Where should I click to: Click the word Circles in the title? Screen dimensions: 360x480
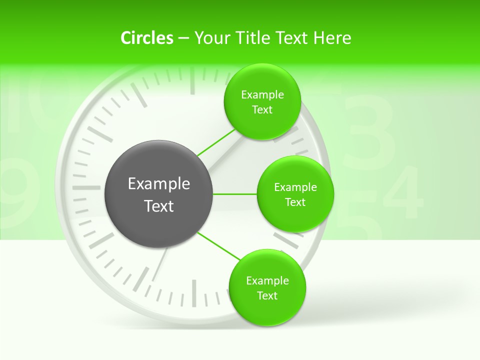[x=146, y=38]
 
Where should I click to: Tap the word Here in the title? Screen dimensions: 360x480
[x=332, y=38]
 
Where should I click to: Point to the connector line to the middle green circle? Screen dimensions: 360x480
[x=235, y=194]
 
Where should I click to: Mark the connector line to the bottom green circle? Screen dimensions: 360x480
[x=219, y=245]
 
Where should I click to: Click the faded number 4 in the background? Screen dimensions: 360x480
[x=402, y=192]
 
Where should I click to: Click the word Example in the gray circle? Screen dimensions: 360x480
[x=159, y=184]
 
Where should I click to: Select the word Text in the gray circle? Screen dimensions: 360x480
[x=159, y=206]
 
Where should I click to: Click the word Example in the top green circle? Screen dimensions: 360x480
[x=262, y=95]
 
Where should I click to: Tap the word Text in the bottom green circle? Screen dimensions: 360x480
[x=267, y=296]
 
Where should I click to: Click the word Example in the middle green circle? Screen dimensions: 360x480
[x=295, y=187]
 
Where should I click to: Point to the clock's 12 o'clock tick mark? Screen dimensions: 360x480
[x=192, y=80]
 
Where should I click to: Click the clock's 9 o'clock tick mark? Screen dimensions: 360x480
[x=86, y=188]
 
